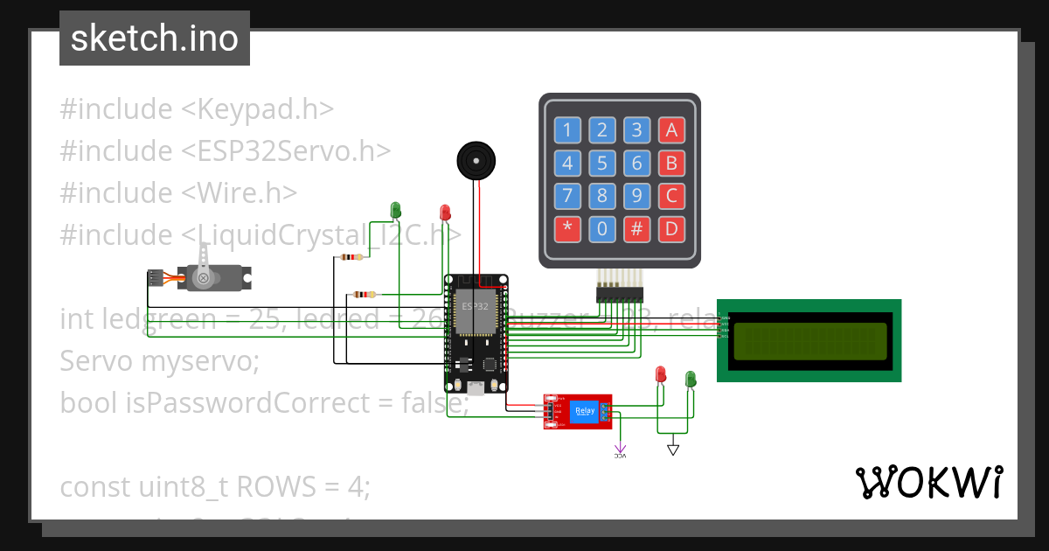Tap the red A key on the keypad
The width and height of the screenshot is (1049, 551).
671,131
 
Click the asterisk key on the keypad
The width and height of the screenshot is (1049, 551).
567,230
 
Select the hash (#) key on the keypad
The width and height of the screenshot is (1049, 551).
637,230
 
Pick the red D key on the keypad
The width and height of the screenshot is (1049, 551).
671,230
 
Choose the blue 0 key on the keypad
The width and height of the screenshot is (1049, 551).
601,230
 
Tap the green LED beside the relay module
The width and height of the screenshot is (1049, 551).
691,379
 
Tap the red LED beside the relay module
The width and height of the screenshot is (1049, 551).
662,375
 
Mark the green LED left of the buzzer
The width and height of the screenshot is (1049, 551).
395,210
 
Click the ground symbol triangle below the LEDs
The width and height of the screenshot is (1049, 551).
672,450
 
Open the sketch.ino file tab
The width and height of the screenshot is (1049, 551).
155,38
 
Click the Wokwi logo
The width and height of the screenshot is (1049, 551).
928,482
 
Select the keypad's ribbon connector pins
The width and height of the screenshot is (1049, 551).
619,294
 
